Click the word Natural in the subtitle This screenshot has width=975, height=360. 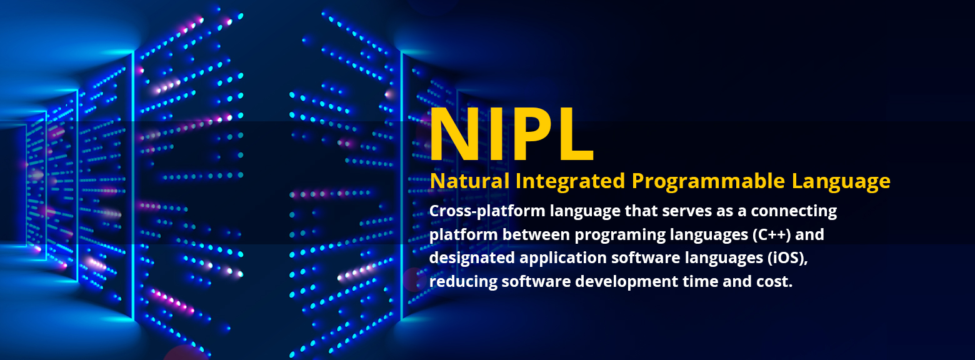coord(469,181)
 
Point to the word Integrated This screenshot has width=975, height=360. coord(570,181)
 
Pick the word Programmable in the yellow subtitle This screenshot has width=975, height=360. coord(709,181)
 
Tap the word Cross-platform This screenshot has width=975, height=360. coord(487,211)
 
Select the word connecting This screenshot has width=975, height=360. coord(794,212)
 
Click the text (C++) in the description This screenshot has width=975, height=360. coord(772,235)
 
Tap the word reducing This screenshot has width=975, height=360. coord(463,282)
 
